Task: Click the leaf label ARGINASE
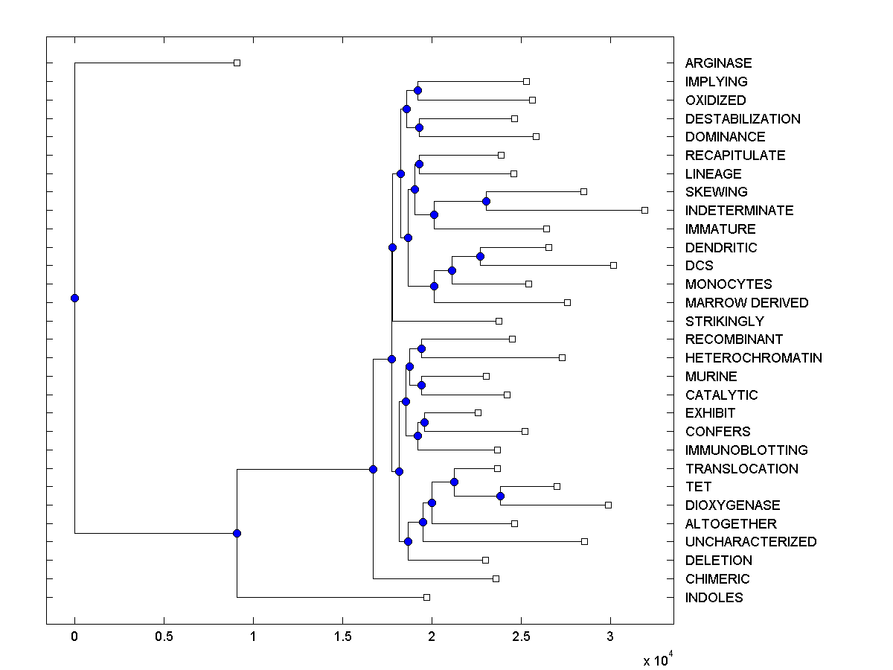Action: click(x=718, y=63)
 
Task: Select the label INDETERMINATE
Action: click(x=739, y=211)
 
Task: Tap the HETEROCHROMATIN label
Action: click(x=753, y=358)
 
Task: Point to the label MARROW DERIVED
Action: click(x=746, y=303)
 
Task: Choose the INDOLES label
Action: click(x=714, y=598)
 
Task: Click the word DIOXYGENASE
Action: click(x=732, y=505)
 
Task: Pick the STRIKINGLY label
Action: click(x=724, y=322)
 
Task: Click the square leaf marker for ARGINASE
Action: click(x=237, y=63)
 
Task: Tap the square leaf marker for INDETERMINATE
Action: click(x=644, y=210)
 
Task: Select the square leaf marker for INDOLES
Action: click(x=426, y=597)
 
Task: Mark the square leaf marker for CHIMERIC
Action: click(x=496, y=578)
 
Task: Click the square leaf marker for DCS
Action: click(x=613, y=265)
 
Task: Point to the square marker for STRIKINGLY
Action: click(x=499, y=321)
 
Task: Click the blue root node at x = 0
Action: click(x=74, y=298)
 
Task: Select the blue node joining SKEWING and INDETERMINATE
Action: click(x=486, y=201)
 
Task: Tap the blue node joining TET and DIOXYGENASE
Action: click(x=501, y=496)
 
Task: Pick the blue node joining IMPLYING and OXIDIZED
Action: click(x=417, y=90)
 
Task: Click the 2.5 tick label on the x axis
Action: click(x=521, y=637)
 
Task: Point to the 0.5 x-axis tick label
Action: click(x=164, y=637)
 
